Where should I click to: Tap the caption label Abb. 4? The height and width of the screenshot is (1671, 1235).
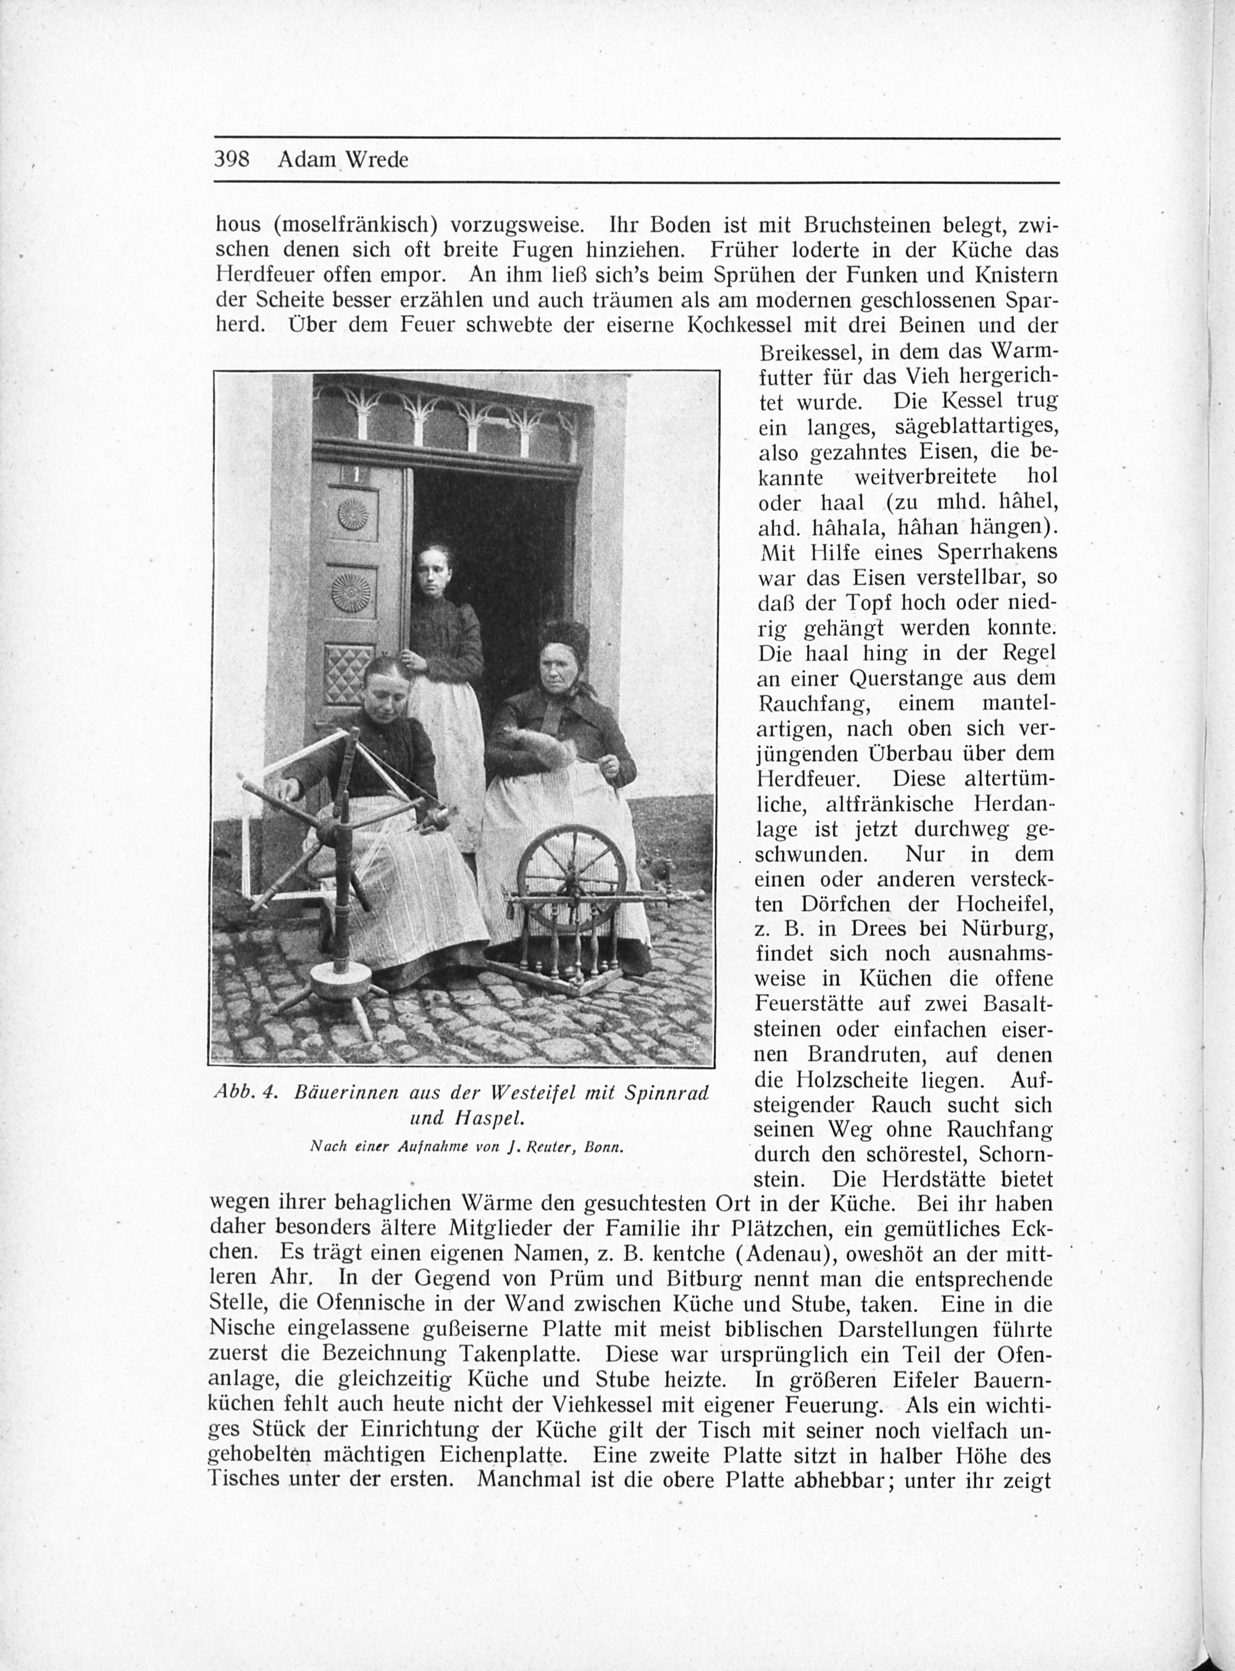click(x=246, y=1093)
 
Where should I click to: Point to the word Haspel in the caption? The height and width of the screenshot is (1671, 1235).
click(x=482, y=1118)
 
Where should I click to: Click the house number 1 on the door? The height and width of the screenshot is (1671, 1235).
click(x=356, y=474)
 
